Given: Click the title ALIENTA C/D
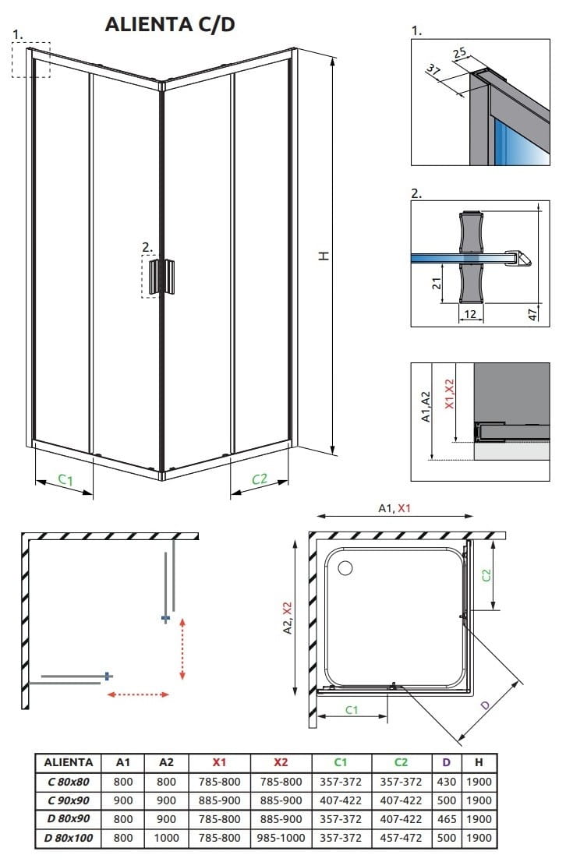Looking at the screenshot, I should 170,25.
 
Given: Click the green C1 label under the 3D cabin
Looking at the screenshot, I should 65,481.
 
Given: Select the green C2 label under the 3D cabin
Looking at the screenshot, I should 260,480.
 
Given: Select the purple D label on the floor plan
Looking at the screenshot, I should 485,705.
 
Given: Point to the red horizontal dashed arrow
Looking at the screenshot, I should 138,694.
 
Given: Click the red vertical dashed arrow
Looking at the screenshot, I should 182,648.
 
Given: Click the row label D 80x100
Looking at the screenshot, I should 69,838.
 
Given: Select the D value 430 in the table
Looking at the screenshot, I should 446,781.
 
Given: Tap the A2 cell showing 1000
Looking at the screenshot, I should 166,838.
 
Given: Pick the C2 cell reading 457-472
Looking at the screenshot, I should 401,838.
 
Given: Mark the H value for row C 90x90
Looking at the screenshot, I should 479,800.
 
